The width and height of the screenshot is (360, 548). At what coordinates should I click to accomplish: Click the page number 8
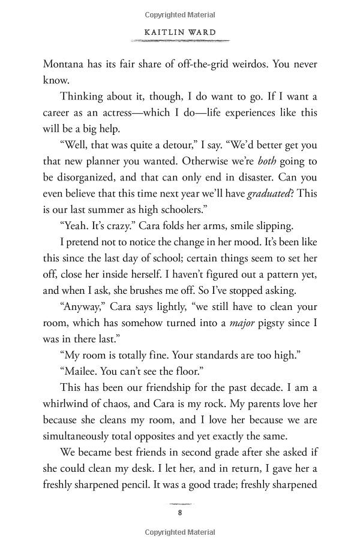[x=179, y=513]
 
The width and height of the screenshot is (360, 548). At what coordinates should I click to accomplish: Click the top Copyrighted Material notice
[x=179, y=10]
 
